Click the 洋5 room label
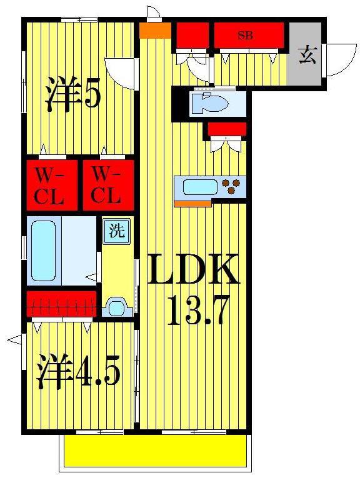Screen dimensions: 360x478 pyautogui.click(x=72, y=94)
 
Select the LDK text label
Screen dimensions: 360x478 pyautogui.click(x=192, y=269)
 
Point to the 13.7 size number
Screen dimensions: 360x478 pyautogui.click(x=197, y=311)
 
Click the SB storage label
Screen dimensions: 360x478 pyautogui.click(x=246, y=36)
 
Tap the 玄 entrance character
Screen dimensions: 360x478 pyautogui.click(x=307, y=55)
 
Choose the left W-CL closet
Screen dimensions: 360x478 pyautogui.click(x=51, y=185)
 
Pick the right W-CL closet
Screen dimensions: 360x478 pyautogui.click(x=108, y=185)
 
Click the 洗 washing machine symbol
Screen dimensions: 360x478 pyautogui.click(x=117, y=231)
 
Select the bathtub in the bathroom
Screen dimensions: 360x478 pyautogui.click(x=44, y=251)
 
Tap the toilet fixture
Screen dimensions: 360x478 pyautogui.click(x=210, y=102)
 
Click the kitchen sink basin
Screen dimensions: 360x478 pyautogui.click(x=200, y=187)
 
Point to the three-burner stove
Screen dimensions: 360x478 pyautogui.click(x=231, y=186)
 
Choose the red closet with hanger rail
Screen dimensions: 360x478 pyautogui.click(x=61, y=304)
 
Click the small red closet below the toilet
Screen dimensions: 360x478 pyautogui.click(x=227, y=129)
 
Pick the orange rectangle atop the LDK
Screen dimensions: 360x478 pyautogui.click(x=155, y=31)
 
